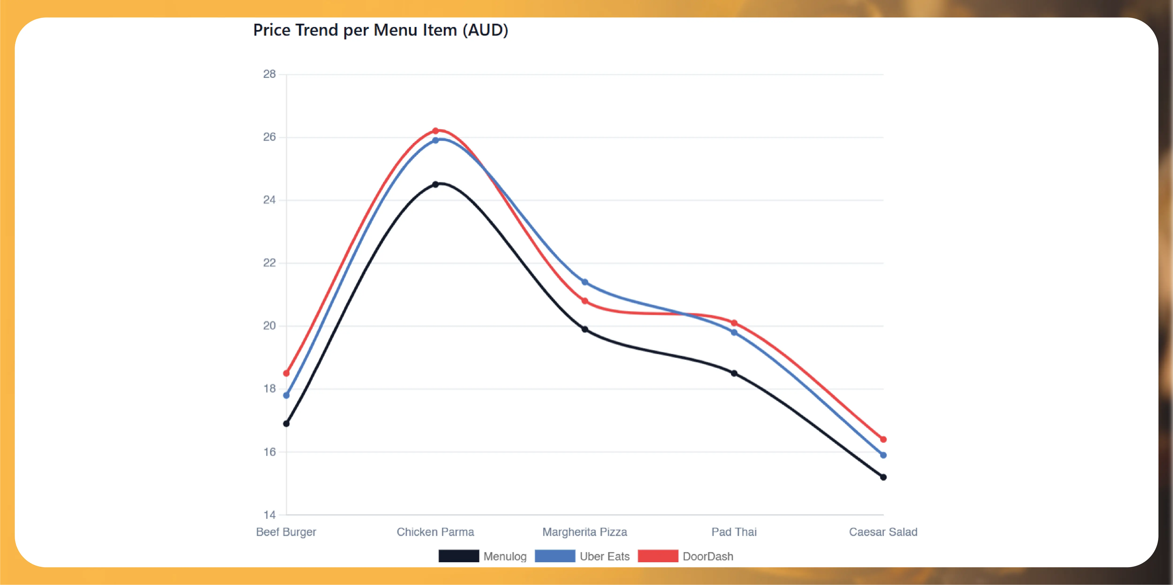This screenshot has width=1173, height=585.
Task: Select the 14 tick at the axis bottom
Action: [x=270, y=515]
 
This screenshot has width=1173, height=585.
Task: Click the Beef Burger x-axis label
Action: [x=286, y=532]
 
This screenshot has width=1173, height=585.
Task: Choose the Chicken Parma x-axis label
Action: [x=435, y=532]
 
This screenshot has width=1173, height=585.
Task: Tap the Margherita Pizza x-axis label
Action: [x=585, y=532]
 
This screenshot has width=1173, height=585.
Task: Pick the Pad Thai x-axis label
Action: [x=734, y=532]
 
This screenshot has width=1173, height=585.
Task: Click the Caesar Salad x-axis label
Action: [x=883, y=532]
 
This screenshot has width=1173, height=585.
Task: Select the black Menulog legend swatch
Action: [x=459, y=556]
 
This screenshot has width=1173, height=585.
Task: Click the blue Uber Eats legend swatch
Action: [x=555, y=556]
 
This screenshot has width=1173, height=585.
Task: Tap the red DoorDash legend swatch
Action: [x=658, y=556]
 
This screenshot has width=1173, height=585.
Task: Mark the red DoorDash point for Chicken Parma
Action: [x=435, y=131]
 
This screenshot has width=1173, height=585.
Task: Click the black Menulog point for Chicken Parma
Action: [x=435, y=184]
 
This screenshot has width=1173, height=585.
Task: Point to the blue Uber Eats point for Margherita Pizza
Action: [x=585, y=282]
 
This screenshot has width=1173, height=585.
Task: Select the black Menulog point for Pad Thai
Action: [x=734, y=373]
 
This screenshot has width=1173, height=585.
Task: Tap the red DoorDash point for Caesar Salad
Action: [x=883, y=439]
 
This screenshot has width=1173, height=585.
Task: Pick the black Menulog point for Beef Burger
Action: [x=286, y=424]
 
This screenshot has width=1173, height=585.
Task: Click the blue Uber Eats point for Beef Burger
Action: [x=286, y=395]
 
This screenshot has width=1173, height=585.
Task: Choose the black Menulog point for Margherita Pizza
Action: [x=585, y=329]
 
